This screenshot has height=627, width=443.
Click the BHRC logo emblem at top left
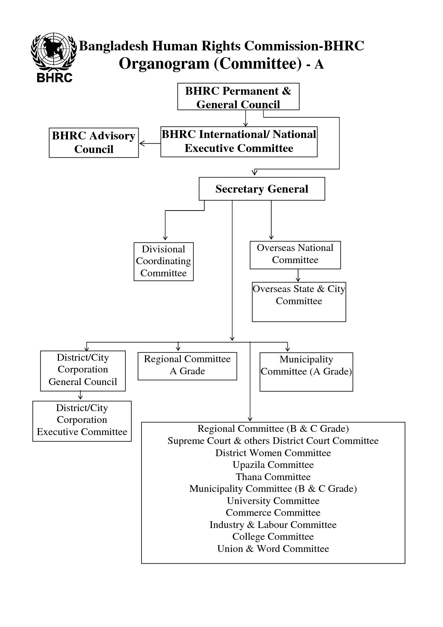54,57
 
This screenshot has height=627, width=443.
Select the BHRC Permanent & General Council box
238,97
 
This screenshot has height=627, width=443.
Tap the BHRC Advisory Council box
94,143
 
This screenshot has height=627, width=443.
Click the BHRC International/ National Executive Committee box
239,142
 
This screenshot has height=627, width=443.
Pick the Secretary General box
262,189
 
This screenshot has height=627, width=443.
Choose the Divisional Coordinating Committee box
164,262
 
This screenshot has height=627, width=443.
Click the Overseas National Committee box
295,255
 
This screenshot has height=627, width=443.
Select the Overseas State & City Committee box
299,302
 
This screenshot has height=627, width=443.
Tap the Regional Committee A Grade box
187,366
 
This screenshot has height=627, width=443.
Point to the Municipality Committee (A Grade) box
306,372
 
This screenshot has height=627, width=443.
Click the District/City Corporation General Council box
83,371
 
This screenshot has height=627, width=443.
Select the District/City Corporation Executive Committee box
82,421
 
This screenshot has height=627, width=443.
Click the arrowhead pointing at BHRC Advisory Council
142,143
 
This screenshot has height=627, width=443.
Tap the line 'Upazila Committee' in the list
273,465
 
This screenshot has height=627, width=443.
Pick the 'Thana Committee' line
273,477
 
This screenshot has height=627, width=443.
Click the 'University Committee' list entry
273,501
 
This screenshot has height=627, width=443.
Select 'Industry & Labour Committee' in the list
273,525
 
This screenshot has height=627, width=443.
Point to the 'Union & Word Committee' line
273,549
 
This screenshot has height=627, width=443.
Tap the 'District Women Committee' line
273,453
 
